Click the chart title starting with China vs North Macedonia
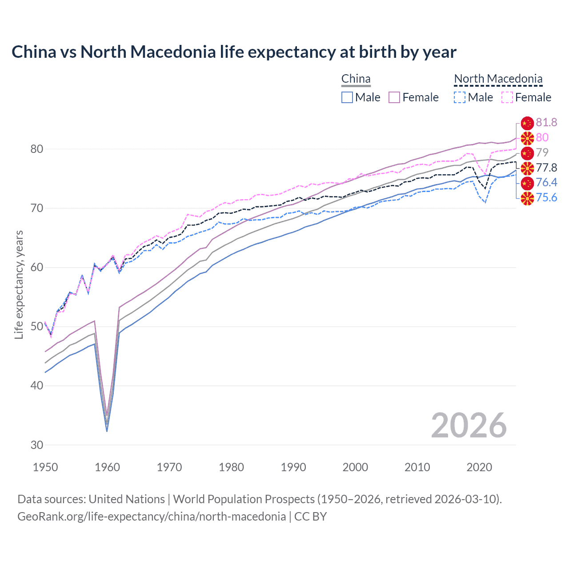[234, 52]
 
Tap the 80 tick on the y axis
[37, 149]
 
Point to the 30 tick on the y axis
[37, 445]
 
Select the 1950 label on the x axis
[45, 467]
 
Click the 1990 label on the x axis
[293, 467]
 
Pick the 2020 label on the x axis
[479, 467]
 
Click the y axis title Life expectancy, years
[19, 284]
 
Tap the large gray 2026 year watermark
[469, 426]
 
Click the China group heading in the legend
[356, 79]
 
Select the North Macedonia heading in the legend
[498, 79]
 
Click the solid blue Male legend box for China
[347, 97]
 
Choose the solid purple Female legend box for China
[394, 97]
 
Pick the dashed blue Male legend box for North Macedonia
[460, 97]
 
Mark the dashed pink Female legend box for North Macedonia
[507, 97]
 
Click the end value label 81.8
[546, 123]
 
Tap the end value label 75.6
[546, 197]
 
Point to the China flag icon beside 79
[527, 153]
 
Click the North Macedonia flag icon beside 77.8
[527, 168]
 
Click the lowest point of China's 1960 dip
[107, 431]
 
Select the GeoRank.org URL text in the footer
[152, 517]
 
